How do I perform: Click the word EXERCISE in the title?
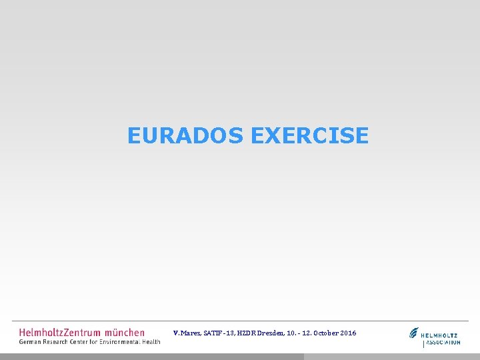point(309,136)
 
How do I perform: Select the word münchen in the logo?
point(125,332)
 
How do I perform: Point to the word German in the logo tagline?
point(31,342)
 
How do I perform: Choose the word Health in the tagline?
point(152,342)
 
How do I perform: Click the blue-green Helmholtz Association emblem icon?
point(415,333)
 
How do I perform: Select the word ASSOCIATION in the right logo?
point(443,343)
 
